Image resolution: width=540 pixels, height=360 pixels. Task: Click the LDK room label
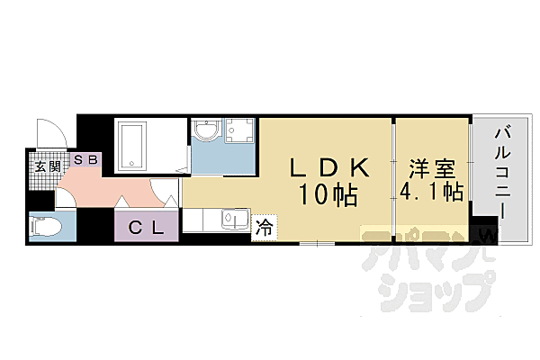pos(328,168)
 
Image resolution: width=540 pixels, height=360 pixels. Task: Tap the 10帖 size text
pos(328,193)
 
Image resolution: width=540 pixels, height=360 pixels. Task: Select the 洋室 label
pos(431,168)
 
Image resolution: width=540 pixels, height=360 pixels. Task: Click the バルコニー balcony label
pos(502,171)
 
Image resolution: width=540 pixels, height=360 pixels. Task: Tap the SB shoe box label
pos(87,160)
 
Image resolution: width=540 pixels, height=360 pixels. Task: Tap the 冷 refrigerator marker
pos(264,229)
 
